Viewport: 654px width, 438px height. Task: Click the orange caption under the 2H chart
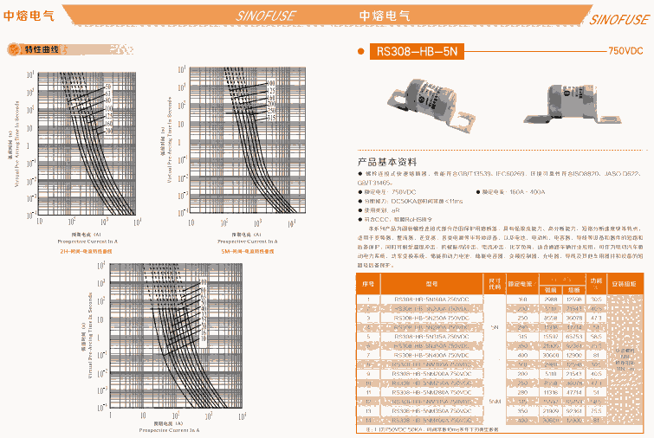coord(86,250)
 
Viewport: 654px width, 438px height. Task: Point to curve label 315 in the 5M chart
coord(271,116)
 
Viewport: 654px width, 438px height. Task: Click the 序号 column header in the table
coord(367,283)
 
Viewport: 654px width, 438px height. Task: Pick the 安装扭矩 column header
coord(622,283)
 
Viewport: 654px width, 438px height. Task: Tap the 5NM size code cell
coord(495,402)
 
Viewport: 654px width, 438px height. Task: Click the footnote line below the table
coord(433,429)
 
